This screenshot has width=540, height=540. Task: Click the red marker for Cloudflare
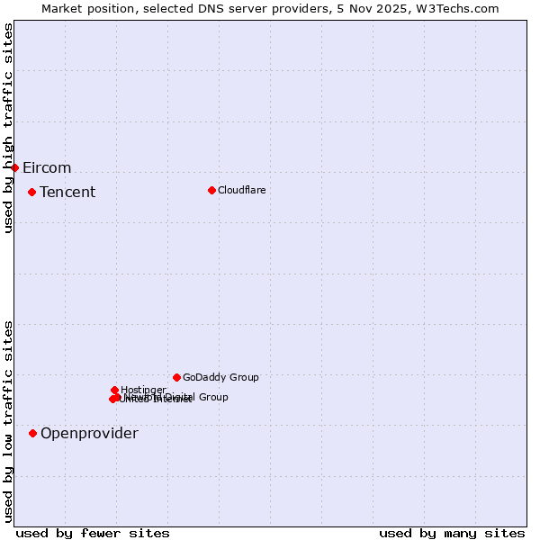pos(211,190)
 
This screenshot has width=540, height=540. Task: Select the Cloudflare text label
pos(241,190)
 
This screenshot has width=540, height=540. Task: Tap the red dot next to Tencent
pos(31,192)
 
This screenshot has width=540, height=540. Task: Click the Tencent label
pos(67,192)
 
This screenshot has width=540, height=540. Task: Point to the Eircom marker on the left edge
pos(14,167)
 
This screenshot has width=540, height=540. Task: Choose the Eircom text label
pos(47,167)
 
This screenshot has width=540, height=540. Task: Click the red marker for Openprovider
pos(32,433)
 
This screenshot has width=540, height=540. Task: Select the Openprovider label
pos(89,433)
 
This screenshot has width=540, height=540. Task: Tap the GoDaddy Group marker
pos(176,377)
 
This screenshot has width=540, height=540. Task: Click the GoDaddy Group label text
pos(220,377)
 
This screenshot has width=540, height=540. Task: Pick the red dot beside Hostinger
pos(114,390)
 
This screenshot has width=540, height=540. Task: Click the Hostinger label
pos(143,390)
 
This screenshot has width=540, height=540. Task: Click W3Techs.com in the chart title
pos(458,8)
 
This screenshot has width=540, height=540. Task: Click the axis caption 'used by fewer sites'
pos(93,533)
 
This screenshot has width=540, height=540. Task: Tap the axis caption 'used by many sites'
pos(452,533)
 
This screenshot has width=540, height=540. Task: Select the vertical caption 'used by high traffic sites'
pos(8,128)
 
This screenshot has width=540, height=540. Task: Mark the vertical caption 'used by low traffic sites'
pos(8,421)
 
